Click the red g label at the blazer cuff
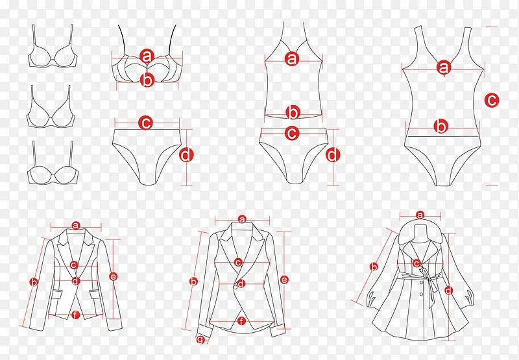pyautogui.click(x=200, y=339)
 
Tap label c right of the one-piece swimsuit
pyautogui.click(x=492, y=100)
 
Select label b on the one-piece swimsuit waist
pyautogui.click(x=441, y=126)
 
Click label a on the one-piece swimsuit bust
pyautogui.click(x=444, y=68)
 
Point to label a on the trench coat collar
pyautogui.click(x=420, y=215)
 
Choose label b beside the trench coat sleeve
pyautogui.click(x=374, y=267)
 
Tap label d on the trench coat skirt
pyautogui.click(x=448, y=291)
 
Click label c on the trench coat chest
pyautogui.click(x=416, y=264)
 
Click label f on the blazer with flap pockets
pyautogui.click(x=75, y=315)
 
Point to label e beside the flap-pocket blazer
pyautogui.click(x=113, y=276)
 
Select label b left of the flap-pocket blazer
pyautogui.click(x=34, y=282)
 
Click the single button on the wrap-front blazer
pyautogui.click(x=235, y=287)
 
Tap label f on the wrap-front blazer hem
pyautogui.click(x=241, y=320)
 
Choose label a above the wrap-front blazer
pyautogui.click(x=242, y=219)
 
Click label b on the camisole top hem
pyautogui.click(x=293, y=113)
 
